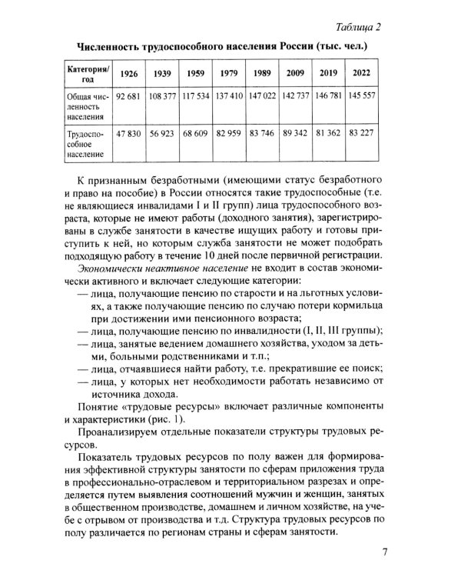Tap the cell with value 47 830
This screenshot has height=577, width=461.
(x=130, y=134)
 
